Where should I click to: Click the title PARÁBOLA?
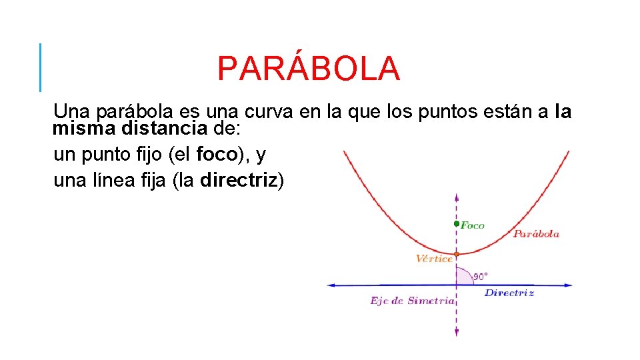point(309,69)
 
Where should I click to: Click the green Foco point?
point(457,224)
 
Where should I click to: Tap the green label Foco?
point(473,225)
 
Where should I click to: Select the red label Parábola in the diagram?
point(536,234)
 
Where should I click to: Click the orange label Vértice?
point(433,259)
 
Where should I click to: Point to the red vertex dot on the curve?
point(457,254)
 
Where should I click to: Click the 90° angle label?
point(481,275)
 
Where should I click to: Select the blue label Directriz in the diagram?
point(509,293)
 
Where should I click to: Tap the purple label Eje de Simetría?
point(411,301)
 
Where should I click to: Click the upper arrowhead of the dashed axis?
point(457,197)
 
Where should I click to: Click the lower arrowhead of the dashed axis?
point(457,333)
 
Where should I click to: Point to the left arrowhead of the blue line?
point(330,285)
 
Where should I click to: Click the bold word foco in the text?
point(217,155)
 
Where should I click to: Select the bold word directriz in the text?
point(238,181)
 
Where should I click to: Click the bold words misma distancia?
point(130,127)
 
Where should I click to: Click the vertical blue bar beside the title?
point(40,67)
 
